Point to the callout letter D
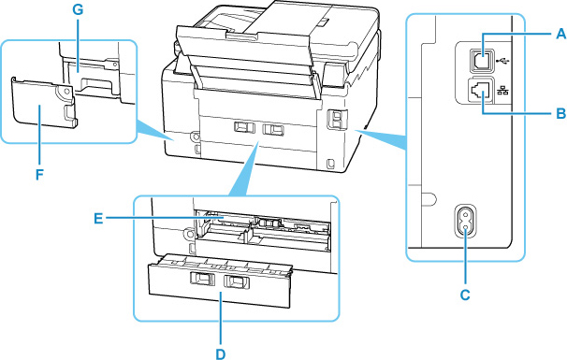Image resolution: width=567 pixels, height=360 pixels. [x=221, y=353]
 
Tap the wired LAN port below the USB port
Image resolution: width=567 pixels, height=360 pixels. [x=483, y=92]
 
